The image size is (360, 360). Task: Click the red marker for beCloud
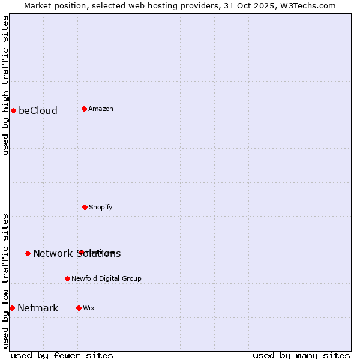(13, 110)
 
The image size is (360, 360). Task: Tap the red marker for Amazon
(84, 109)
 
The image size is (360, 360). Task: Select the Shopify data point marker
(85, 207)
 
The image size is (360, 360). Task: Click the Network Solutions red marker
(28, 253)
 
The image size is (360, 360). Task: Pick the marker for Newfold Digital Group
(67, 278)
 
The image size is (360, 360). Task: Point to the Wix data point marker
(79, 308)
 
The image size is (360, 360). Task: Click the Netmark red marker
(12, 308)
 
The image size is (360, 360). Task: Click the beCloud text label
(38, 110)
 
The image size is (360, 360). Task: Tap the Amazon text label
(101, 109)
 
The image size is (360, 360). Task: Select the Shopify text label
(101, 207)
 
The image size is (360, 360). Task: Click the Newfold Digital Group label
(107, 278)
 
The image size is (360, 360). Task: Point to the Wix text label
(89, 308)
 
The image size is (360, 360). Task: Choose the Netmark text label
(38, 308)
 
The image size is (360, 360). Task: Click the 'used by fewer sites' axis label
(62, 355)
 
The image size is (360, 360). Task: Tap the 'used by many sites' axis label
(301, 355)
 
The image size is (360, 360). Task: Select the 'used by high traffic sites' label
(5, 85)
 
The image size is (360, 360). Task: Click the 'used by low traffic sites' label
(5, 281)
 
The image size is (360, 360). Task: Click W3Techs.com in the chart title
(308, 5)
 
